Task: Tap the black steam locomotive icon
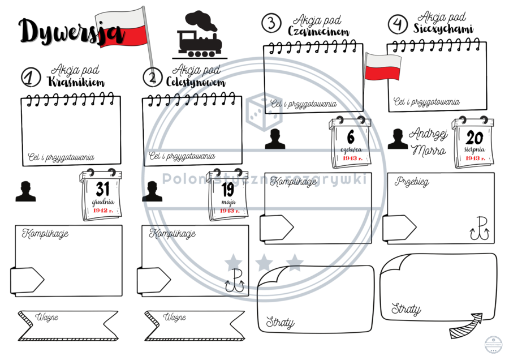(x=199, y=35)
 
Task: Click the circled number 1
(x=31, y=78)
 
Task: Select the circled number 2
(x=152, y=77)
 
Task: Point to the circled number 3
(x=271, y=23)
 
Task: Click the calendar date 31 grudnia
(x=102, y=195)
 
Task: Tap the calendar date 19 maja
(x=227, y=195)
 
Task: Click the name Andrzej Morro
(x=428, y=142)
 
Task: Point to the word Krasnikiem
(x=76, y=82)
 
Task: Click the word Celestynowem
(x=196, y=83)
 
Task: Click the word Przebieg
(x=412, y=182)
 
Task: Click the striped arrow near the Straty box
(x=466, y=325)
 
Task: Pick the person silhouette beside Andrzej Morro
(x=398, y=139)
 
